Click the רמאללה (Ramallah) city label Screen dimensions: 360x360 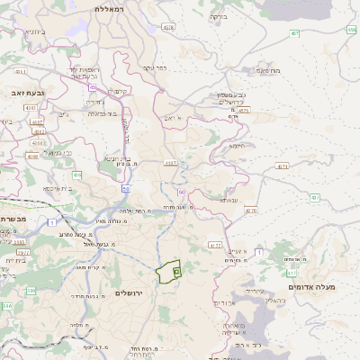[113, 8]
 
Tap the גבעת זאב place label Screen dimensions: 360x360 [20, 92]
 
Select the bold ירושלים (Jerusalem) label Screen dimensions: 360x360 [130, 293]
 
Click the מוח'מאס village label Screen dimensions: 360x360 [268, 70]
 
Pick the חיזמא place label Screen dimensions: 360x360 [237, 145]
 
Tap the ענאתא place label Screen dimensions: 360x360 [229, 200]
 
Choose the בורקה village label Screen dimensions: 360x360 [219, 16]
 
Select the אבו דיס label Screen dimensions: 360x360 [224, 303]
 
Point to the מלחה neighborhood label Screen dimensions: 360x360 [79, 325]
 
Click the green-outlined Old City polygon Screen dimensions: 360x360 [166, 273]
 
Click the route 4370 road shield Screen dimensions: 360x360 [250, 211]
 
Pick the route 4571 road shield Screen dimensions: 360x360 [283, 166]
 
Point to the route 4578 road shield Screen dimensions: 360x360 [168, 27]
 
